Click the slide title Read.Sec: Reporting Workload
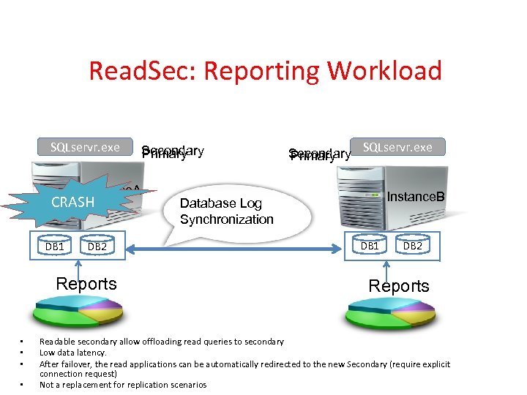coord(265,71)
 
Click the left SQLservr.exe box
coord(85,147)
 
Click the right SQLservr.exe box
coord(397,147)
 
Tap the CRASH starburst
coord(72,203)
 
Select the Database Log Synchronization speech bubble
coord(226,211)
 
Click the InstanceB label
coord(416,197)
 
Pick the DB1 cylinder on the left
coord(55,247)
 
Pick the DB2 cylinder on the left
coord(97,247)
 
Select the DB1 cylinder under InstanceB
coord(370,247)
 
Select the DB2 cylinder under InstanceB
coord(413,247)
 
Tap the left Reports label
coord(86,284)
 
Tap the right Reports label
coord(399,286)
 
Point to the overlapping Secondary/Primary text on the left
coord(173,153)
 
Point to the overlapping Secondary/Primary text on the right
coord(319,154)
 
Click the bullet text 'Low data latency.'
coord(72,353)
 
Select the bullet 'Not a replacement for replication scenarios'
coord(123,385)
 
